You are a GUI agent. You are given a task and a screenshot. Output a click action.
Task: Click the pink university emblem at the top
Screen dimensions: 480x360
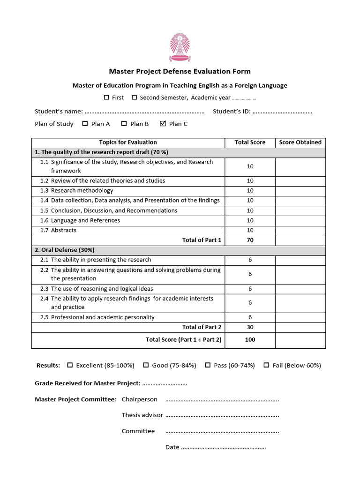[x=180, y=47]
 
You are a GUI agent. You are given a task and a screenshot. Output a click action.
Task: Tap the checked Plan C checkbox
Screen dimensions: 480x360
[x=163, y=124]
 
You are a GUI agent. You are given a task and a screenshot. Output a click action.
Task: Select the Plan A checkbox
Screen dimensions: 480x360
[x=85, y=124]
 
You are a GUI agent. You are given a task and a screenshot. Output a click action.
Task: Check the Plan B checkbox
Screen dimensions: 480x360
[x=124, y=124]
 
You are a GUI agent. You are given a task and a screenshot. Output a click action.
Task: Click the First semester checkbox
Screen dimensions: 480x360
[x=106, y=97]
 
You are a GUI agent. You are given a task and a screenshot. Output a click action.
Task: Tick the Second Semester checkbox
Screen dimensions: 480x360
[x=134, y=97]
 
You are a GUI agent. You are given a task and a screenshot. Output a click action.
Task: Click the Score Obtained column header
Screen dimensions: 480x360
[x=300, y=142]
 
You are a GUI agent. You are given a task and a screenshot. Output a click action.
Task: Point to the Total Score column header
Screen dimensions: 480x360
[x=250, y=142]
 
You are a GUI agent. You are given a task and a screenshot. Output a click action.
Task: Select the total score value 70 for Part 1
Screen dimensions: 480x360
[x=250, y=240]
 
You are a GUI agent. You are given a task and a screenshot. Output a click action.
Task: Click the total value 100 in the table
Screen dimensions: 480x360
[x=250, y=339]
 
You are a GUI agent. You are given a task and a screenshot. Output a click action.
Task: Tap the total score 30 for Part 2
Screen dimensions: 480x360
[x=250, y=327]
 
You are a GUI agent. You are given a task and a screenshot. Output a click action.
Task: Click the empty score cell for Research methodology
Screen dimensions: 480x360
[x=300, y=191]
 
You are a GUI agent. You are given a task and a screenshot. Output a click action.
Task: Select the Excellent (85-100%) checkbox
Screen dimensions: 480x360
[x=70, y=365]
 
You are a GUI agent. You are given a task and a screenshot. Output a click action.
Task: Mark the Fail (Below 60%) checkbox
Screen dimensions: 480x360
[x=266, y=365]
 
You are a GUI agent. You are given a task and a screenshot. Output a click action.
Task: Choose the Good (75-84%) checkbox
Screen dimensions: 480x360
[x=146, y=365]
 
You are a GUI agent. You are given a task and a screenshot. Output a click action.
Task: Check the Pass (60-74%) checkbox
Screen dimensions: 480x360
[x=208, y=365]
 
